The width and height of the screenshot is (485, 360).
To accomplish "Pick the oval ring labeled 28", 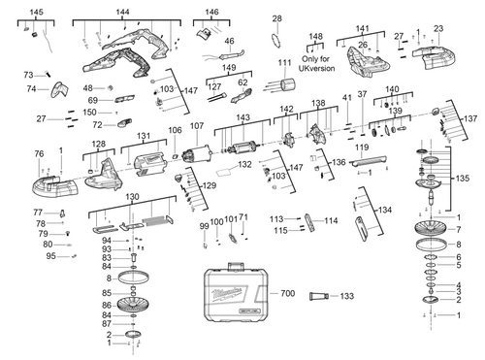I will [x=276, y=40].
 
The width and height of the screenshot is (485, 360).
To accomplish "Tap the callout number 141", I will [x=363, y=29].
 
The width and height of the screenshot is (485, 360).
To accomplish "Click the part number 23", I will [x=438, y=29].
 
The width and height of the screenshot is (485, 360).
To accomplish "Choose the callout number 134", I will [x=386, y=209].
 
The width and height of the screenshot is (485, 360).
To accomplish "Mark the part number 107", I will [x=196, y=127].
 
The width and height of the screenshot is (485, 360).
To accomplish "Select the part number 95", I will [x=50, y=256].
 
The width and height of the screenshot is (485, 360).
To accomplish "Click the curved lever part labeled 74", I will [x=61, y=90].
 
